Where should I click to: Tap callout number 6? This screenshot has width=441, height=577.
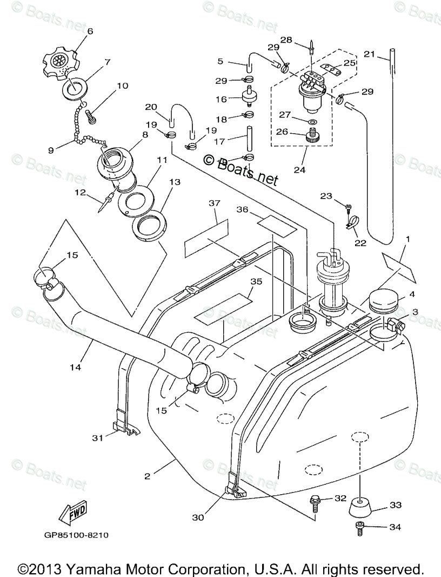(x=90, y=31)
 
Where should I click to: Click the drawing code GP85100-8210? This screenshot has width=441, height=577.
(x=77, y=535)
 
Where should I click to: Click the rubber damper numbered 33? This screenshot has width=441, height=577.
(x=359, y=507)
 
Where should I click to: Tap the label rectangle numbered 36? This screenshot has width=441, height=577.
(x=276, y=225)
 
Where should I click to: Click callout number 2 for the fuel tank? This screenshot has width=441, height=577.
(x=147, y=476)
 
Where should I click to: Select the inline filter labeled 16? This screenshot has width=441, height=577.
(x=250, y=99)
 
